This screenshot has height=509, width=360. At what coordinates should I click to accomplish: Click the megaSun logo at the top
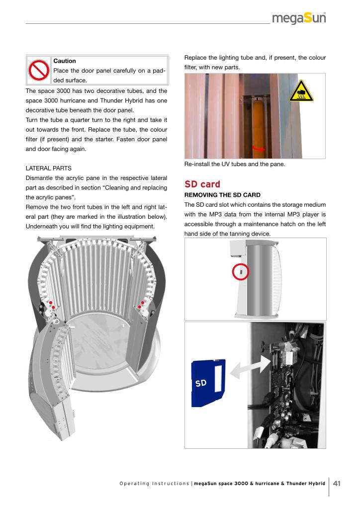coord(299,19)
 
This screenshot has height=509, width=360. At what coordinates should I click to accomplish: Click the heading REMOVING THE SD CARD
coord(222,195)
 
